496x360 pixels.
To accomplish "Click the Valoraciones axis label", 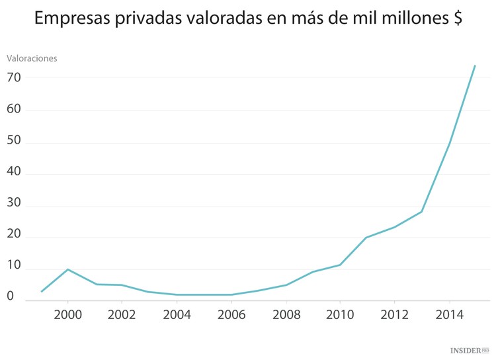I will (32, 58).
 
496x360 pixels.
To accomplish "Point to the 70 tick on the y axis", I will (14, 77).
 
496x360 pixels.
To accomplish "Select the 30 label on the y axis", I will (14, 205).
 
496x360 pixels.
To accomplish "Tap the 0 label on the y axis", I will (10, 296).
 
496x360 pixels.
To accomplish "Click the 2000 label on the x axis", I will (68, 314).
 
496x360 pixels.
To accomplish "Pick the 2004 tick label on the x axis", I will (177, 314).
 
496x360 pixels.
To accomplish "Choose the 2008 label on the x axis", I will (286, 314).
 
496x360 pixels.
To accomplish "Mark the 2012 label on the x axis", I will (394, 314).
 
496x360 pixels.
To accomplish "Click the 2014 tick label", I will (448, 314).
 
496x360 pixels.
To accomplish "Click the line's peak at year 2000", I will (68, 269).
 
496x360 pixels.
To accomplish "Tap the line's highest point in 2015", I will (475, 66).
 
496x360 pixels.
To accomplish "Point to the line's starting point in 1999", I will (42, 291).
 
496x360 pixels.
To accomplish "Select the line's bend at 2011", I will (366, 238).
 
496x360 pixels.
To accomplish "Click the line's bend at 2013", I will (421, 212).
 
